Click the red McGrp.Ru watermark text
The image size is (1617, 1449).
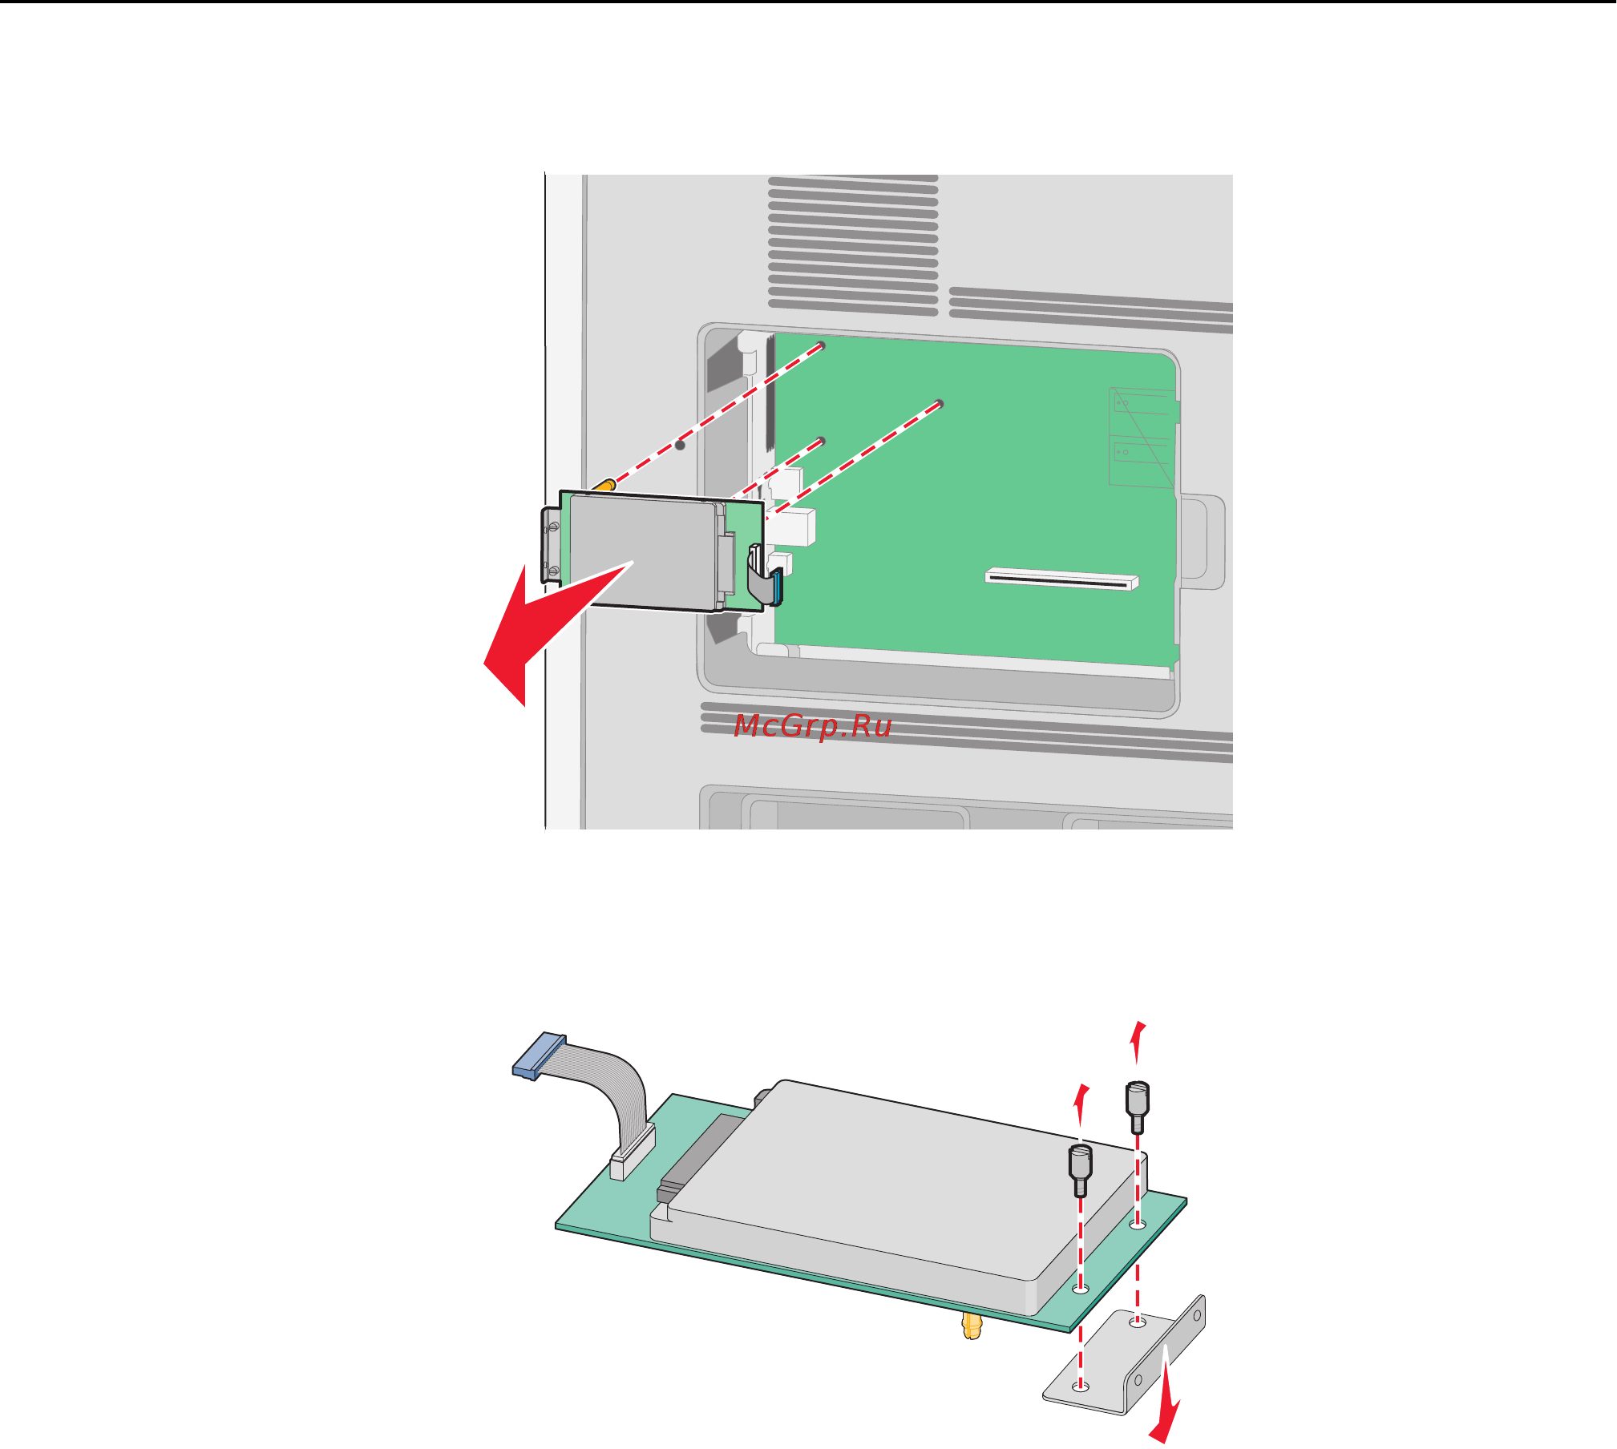click(x=813, y=726)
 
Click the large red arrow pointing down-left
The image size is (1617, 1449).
click(x=545, y=625)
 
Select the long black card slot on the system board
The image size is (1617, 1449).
click(x=1061, y=579)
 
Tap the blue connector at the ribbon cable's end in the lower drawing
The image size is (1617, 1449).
click(x=539, y=1055)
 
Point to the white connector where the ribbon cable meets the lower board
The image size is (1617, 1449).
click(x=633, y=1152)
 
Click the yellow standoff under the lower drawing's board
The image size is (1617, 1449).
click(x=972, y=1326)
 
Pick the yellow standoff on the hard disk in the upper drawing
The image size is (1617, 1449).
click(x=604, y=486)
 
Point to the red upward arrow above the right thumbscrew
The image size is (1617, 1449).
click(x=1137, y=1042)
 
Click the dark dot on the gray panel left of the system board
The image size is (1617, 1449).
click(x=680, y=445)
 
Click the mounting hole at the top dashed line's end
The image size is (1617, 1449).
click(x=821, y=345)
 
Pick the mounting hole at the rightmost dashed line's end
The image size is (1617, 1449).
click(x=940, y=403)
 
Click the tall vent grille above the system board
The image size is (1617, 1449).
click(x=853, y=245)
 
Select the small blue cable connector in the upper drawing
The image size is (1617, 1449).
click(x=777, y=585)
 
